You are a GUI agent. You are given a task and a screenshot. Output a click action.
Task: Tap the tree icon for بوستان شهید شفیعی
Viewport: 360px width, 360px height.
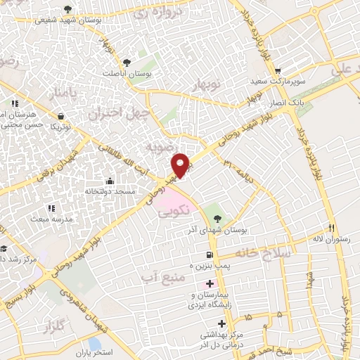tap(67, 9)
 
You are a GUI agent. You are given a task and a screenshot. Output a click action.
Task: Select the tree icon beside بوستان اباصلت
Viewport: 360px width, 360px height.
tap(127, 62)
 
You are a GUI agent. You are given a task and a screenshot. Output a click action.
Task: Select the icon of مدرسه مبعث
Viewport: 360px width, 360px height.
tap(51, 208)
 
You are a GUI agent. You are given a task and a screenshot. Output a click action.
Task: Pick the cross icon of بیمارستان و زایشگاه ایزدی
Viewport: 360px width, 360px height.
tap(209, 283)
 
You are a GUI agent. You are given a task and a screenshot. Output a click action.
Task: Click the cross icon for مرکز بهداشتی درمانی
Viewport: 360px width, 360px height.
tap(222, 324)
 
